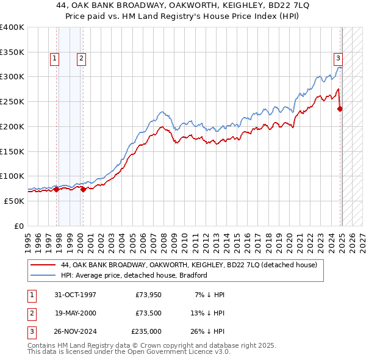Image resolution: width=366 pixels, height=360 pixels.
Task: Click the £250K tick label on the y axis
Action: click(x=12, y=102)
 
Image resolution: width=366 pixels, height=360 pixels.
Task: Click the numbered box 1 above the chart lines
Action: click(x=54, y=59)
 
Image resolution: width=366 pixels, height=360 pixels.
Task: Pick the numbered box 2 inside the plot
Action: click(x=81, y=59)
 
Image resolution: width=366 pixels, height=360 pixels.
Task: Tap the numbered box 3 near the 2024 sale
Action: click(x=337, y=59)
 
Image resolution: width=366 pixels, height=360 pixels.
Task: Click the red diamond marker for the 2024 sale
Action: click(x=340, y=109)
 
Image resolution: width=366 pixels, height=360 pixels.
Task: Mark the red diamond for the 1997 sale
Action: click(x=57, y=189)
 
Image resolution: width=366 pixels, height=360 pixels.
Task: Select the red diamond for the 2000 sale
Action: click(x=83, y=189)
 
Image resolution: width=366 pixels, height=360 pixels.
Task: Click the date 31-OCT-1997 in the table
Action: click(x=75, y=295)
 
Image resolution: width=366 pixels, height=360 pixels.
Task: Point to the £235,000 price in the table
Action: click(x=146, y=331)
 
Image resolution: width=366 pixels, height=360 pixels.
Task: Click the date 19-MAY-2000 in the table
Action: click(x=75, y=313)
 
